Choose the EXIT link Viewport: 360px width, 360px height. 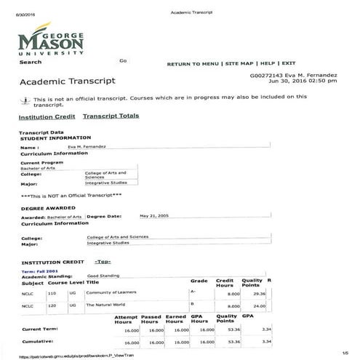(289, 64)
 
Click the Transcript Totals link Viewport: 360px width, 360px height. (111, 116)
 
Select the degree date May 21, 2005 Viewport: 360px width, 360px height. (153, 216)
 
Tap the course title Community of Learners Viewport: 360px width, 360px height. (108, 293)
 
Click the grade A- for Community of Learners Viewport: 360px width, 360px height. (193, 292)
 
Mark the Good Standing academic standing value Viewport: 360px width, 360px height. (103, 276)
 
